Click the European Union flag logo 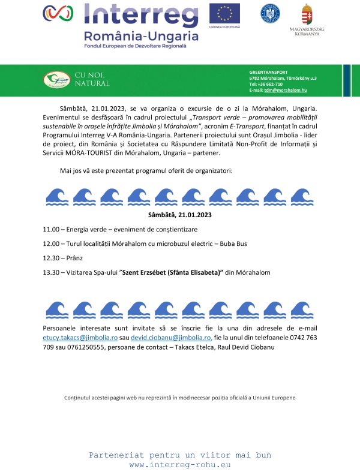coord(224,13)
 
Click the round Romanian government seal coord(269,13)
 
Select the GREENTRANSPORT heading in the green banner coord(268,72)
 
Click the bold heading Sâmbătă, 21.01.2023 coord(179,214)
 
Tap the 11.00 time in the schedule coord(51,229)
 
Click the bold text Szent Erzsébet coord(144,272)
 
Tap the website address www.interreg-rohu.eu coord(179,465)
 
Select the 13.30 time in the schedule coord(51,272)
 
